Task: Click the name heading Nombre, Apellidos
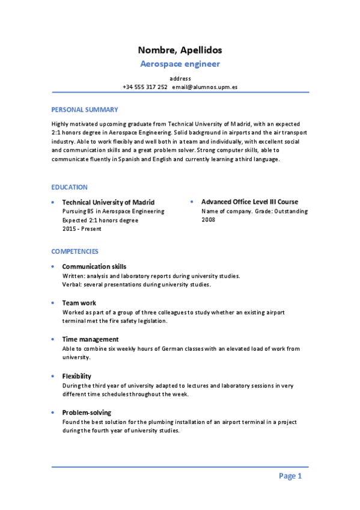[180, 50]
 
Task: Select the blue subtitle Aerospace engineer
[180, 64]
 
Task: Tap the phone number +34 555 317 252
[145, 87]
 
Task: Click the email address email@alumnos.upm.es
[204, 87]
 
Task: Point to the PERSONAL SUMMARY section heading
[85, 109]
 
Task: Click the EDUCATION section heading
[70, 187]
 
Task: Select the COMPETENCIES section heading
[75, 251]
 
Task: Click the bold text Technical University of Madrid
[108, 202]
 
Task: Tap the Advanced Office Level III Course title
[249, 202]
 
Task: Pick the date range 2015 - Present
[82, 230]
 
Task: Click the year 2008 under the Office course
[209, 220]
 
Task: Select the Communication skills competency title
[94, 266]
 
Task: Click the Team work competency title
[79, 303]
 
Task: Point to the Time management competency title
[90, 339]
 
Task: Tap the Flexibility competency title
[76, 376]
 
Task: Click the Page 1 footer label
[290, 476]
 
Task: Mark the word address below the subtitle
[180, 78]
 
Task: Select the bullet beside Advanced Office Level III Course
[192, 202]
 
